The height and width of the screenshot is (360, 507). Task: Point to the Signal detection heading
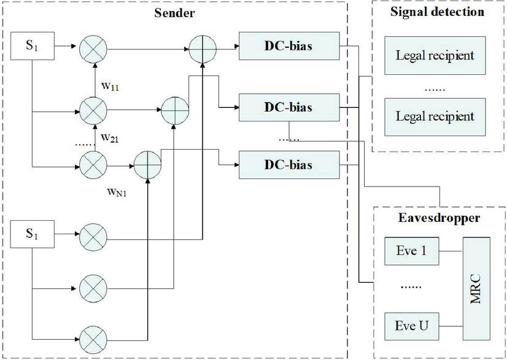437,12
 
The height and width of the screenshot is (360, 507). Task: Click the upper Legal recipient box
435,55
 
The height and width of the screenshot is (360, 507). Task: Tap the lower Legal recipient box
435,115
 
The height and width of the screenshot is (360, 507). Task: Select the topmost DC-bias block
288,47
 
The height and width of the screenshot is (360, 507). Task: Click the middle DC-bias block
288,107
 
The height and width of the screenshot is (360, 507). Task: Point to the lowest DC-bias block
288,165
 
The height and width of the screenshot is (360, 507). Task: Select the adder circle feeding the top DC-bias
202,47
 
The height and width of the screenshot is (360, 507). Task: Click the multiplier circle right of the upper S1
93,47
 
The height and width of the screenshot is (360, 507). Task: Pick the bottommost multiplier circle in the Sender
93,337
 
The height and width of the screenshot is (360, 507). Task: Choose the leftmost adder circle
147,166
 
